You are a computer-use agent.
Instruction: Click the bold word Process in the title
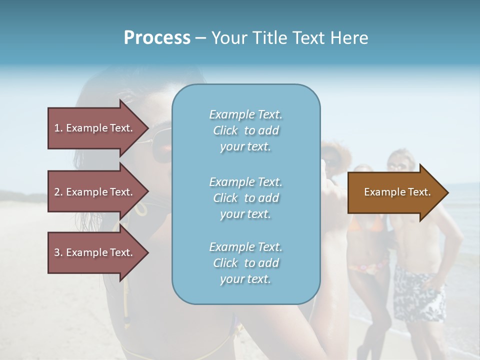[x=157, y=38]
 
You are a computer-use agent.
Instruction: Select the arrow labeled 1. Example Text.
[x=95, y=128]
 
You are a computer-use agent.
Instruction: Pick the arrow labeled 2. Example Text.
[x=95, y=192]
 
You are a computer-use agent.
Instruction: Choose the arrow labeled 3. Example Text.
[x=95, y=252]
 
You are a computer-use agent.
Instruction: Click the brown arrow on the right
[x=395, y=192]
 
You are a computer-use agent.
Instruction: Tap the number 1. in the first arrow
[x=58, y=128]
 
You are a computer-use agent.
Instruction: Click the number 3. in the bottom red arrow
[x=58, y=252]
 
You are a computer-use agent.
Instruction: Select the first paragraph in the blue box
[x=245, y=130]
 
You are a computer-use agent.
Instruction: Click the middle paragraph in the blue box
[x=245, y=197]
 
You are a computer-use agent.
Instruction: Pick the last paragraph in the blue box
[x=245, y=263]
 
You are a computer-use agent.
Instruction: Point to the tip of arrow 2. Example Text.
[x=147, y=192]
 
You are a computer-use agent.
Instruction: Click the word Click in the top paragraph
[x=225, y=130]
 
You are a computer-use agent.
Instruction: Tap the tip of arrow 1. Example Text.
[x=147, y=128]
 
